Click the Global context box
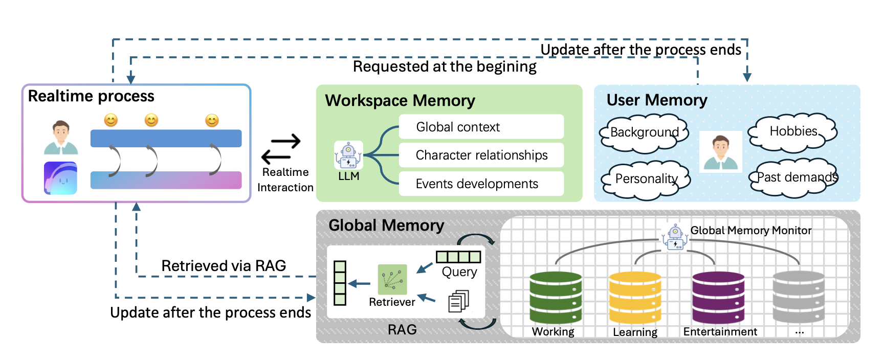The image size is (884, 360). tap(481, 127)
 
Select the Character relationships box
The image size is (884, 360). tap(481, 155)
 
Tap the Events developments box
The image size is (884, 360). tap(481, 184)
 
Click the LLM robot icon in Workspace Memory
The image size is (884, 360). tap(348, 155)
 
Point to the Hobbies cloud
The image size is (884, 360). tap(792, 132)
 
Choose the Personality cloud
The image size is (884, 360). tap(646, 179)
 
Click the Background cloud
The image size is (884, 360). tap(644, 133)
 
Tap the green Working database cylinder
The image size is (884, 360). tap(556, 298)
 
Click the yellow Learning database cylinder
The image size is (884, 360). tap(635, 298)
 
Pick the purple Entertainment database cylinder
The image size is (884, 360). tap(718, 298)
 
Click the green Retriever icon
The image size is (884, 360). tap(392, 279)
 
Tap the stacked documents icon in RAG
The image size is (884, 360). tap(458, 301)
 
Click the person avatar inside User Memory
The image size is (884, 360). tap(720, 152)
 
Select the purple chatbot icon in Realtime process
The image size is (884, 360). tap(60, 178)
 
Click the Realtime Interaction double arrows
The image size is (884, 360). tap(281, 148)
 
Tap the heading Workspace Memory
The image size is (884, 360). tap(400, 101)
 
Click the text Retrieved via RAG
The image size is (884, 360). tap(224, 266)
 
